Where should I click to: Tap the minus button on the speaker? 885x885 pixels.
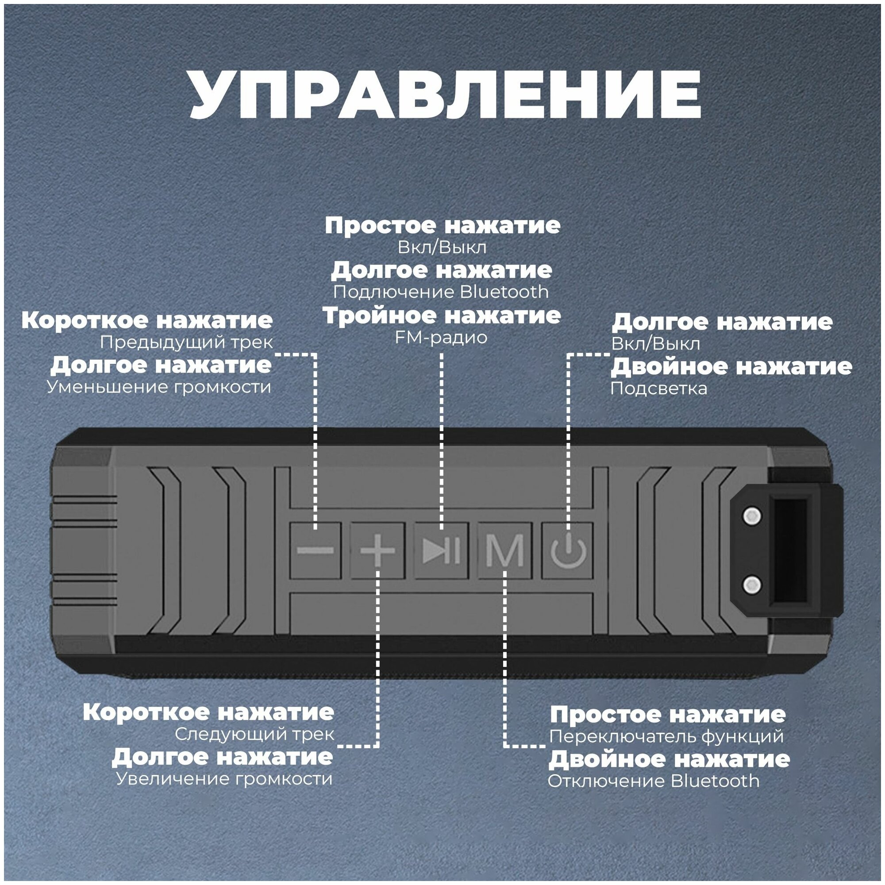315,550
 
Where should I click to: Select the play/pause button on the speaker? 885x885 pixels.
441,550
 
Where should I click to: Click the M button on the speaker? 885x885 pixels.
504,550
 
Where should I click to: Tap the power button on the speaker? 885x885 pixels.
568,550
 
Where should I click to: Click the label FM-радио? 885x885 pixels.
441,338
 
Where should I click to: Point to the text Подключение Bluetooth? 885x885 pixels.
441,292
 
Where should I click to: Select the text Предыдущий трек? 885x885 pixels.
186,342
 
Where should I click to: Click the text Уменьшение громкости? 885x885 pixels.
159,387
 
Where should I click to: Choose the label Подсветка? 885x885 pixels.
659,389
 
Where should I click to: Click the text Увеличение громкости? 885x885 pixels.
224,779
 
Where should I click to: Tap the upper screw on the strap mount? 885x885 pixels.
752,516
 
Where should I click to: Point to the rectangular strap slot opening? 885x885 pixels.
790,550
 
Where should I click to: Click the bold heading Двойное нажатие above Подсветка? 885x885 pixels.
731,366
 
